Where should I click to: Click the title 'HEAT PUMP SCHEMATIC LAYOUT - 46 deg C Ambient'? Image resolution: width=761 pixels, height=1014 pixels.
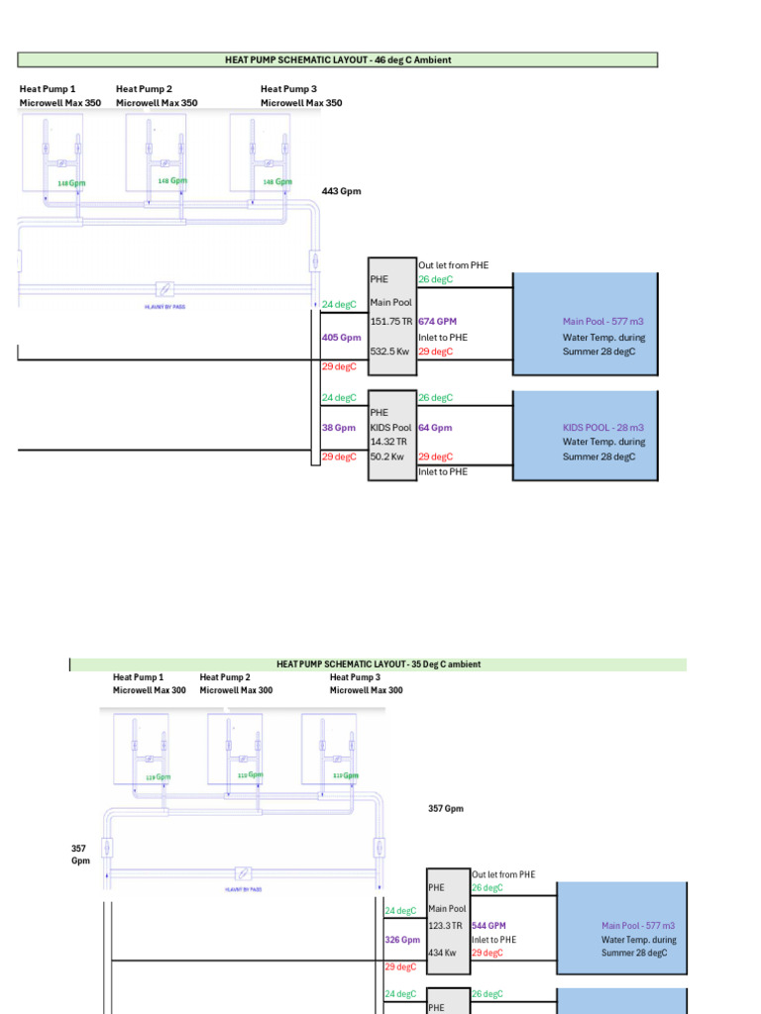pos(338,60)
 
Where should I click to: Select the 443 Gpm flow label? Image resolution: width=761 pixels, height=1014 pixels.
pos(342,191)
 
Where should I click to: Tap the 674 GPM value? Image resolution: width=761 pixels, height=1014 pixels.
pos(437,322)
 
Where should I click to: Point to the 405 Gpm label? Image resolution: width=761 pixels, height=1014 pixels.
pos(342,338)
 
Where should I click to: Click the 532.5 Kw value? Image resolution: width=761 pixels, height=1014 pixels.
pos(390,352)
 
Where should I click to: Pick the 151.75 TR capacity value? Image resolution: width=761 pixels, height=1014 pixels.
pos(390,322)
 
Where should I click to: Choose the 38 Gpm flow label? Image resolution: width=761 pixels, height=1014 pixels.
pos(339,428)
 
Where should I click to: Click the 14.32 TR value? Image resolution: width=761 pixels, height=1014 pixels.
pos(388,442)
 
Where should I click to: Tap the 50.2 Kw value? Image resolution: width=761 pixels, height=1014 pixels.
pos(386,456)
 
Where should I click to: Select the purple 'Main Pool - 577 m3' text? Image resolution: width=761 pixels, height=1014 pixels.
pos(602,322)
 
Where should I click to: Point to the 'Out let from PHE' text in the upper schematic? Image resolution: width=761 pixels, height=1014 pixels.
pos(453,265)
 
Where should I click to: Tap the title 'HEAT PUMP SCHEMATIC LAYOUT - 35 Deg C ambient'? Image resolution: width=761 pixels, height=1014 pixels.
pos(379,664)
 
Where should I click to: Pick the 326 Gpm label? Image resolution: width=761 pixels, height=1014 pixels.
pos(402,940)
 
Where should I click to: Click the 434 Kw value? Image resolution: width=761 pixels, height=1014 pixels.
pos(442,953)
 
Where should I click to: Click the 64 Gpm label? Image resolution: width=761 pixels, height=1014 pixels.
pos(435,428)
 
